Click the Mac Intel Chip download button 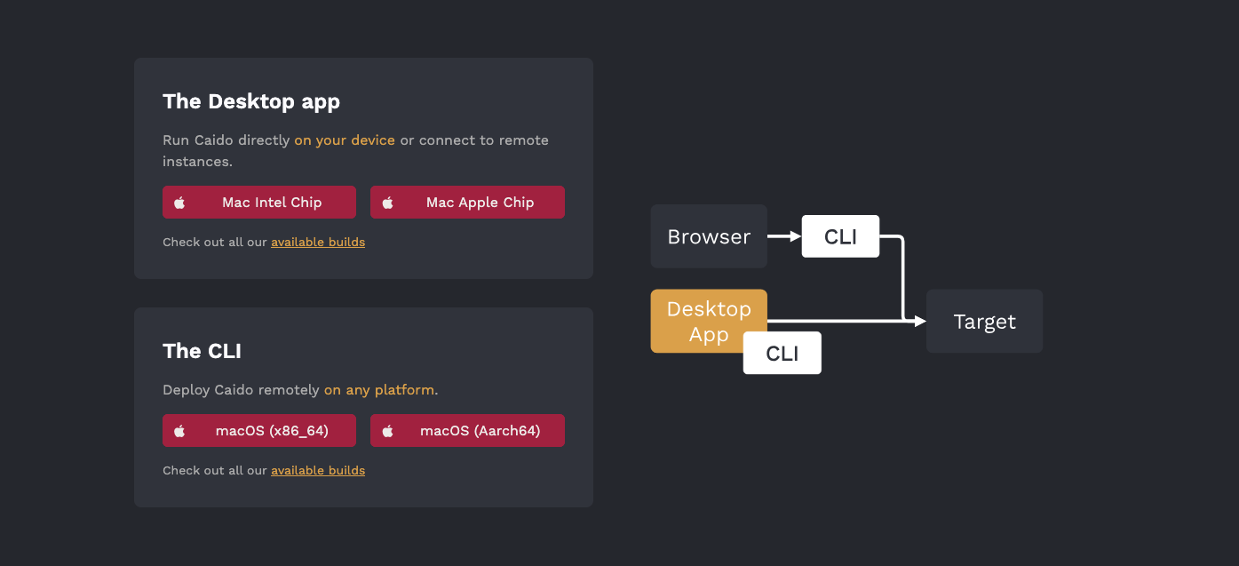[x=258, y=202]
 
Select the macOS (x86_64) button [x=258, y=430]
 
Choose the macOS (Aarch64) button [x=467, y=430]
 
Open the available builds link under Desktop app [x=318, y=242]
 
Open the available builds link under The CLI [x=318, y=470]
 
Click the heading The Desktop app [x=251, y=102]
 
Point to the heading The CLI [x=202, y=351]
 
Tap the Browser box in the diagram [x=709, y=236]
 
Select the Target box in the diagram [x=985, y=321]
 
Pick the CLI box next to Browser [x=840, y=236]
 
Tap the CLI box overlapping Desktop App [x=782, y=353]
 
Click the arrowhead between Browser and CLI [x=796, y=236]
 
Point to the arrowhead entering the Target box [x=921, y=321]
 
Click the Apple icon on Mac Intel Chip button [x=179, y=203]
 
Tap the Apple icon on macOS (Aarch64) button [x=388, y=430]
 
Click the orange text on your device [x=345, y=140]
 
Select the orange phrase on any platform [x=379, y=390]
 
